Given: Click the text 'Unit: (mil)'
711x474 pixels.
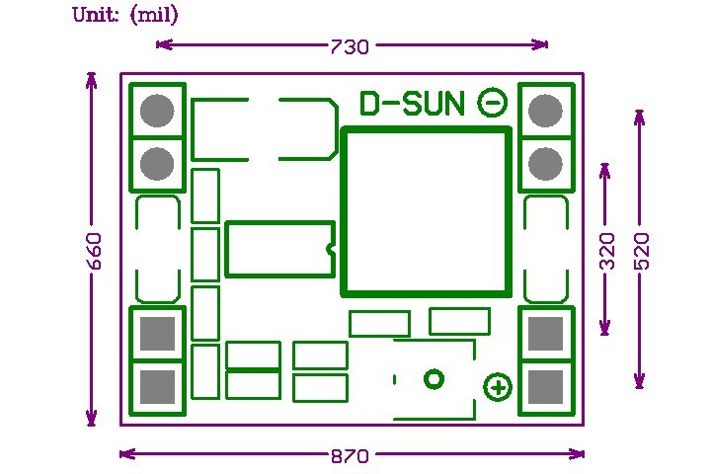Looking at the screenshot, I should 125,16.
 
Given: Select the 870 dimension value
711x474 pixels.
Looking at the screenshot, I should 350,456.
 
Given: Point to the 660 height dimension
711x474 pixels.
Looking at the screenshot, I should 93,251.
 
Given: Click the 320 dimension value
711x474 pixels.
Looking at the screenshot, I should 606,251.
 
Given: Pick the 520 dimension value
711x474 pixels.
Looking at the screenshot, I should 641,251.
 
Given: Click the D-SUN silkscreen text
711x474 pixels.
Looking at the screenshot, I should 412,103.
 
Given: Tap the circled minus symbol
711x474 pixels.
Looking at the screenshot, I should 493,102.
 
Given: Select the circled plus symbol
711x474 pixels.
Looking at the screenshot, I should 498,388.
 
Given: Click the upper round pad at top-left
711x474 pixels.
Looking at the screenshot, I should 157,110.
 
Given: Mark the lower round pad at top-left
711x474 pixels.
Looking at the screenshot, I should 157,163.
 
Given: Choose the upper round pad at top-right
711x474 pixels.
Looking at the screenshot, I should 545,110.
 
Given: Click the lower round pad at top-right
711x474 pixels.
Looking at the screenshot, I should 545,163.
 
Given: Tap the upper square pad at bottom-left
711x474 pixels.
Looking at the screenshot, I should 157,334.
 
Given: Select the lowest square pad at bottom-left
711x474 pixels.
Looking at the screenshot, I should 157,386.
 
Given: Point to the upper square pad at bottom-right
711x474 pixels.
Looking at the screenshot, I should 545,334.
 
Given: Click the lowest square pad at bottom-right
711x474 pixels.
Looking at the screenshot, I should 545,386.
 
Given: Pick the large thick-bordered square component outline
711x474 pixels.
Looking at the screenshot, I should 426,211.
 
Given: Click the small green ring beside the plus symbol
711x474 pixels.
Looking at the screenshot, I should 434,378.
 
